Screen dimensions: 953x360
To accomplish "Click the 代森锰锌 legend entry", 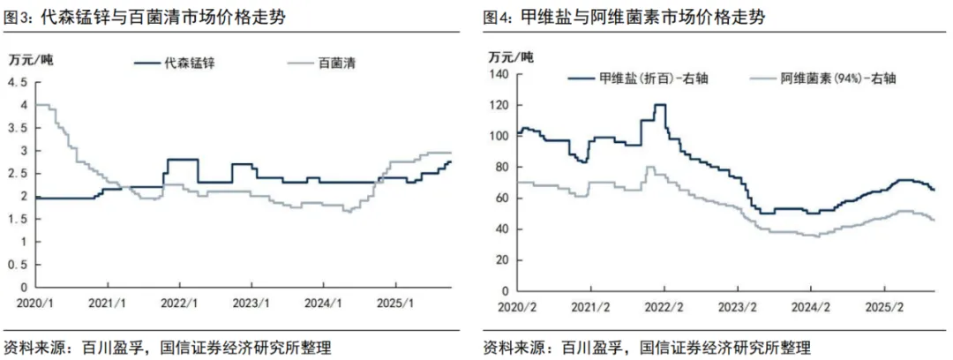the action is click(173, 62).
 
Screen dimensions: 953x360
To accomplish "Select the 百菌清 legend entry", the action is click(325, 62).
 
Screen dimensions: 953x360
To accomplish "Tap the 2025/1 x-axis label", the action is click(395, 302).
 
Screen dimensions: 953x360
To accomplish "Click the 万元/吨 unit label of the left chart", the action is click(29, 59).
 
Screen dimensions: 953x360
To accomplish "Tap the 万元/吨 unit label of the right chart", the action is click(510, 57).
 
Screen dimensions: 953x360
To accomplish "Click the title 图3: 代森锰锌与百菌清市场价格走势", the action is click(145, 18).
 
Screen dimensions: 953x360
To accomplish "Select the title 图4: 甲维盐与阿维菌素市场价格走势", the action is click(624, 18).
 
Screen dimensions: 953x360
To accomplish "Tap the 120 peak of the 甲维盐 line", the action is click(659, 105).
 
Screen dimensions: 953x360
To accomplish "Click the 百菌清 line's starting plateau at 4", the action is click(42, 105).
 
